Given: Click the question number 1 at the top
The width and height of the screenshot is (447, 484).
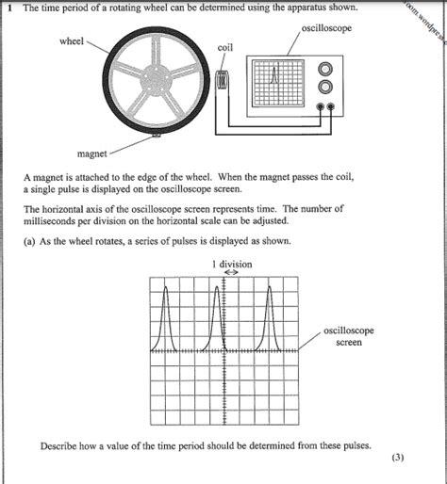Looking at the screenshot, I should click(8, 8).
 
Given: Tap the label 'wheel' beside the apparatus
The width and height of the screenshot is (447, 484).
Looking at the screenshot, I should click(72, 41).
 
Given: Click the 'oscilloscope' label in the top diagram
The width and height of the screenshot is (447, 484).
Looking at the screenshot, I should click(326, 28).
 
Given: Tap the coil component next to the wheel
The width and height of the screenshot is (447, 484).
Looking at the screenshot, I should click(223, 82).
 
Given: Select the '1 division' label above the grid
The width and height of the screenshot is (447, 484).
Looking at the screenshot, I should click(232, 265).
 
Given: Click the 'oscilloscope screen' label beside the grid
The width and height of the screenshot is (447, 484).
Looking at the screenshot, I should click(348, 336).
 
